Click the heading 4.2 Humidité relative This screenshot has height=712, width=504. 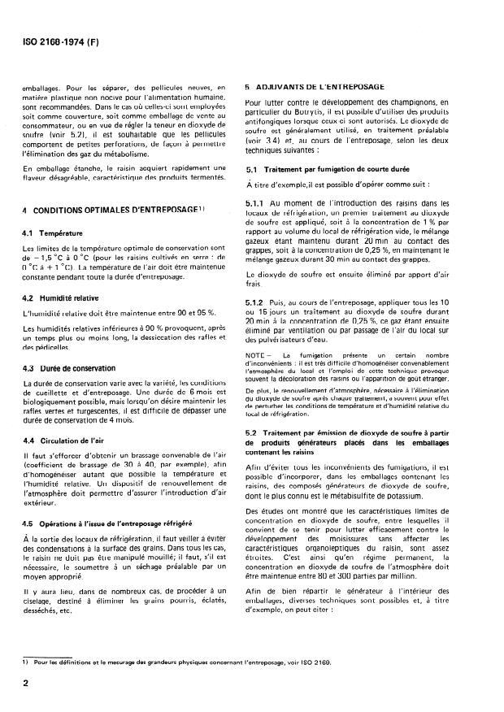click(63, 298)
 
